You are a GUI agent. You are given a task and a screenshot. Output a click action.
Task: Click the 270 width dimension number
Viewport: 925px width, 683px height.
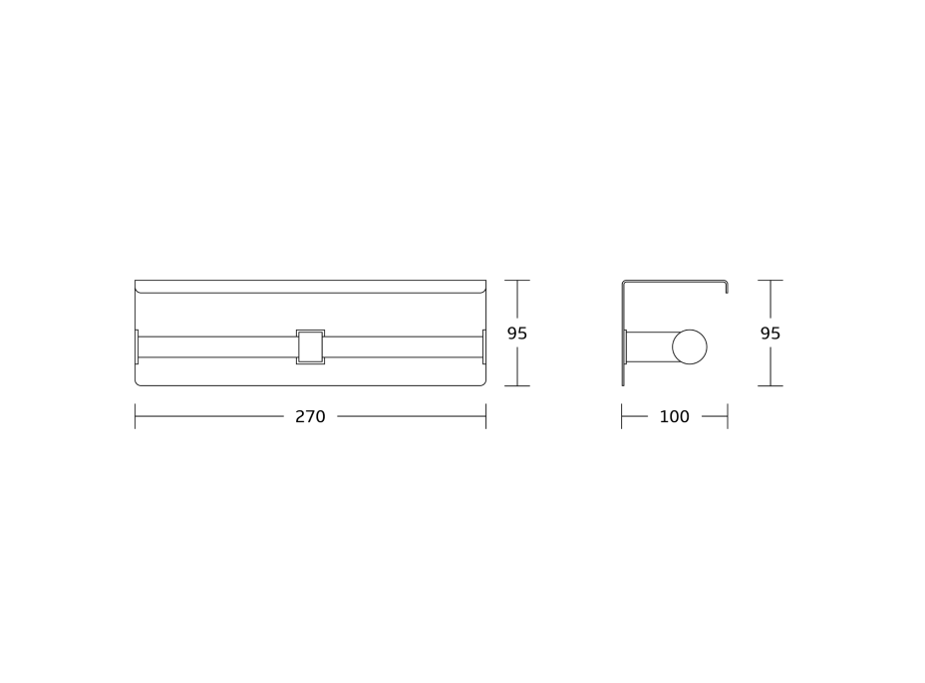[x=310, y=416]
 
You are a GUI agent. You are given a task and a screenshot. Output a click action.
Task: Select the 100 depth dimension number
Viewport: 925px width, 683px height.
[x=674, y=416]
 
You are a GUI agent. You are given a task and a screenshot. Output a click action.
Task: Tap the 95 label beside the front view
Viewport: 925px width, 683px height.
[x=517, y=334]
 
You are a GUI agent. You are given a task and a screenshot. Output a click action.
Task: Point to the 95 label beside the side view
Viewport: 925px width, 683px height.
[x=771, y=334]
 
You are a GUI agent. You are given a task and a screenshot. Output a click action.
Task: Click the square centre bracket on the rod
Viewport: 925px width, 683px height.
[x=310, y=347]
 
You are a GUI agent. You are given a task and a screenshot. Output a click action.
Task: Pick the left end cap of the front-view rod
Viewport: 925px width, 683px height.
[x=137, y=347]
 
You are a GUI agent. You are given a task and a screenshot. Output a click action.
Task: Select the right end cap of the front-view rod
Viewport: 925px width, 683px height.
[x=484, y=347]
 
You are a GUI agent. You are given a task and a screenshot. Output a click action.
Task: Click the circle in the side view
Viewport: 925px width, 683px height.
[x=690, y=347]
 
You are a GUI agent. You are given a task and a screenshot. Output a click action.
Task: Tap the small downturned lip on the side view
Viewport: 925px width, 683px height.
[x=727, y=287]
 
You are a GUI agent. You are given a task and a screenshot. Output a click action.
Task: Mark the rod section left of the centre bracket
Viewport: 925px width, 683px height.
[x=217, y=347]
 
